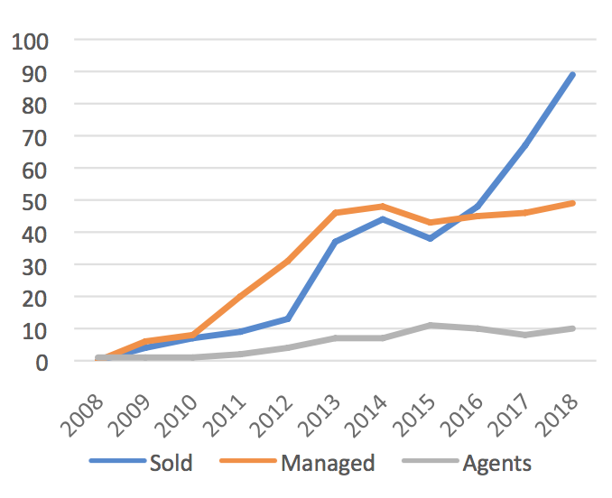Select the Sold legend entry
(172, 464)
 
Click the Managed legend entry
(328, 464)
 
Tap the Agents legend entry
(496, 464)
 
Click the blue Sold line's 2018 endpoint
(573, 74)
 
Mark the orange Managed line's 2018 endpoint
(573, 203)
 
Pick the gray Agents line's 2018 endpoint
(573, 328)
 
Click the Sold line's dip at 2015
(431, 238)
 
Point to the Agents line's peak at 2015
(431, 325)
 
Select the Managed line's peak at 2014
(383, 206)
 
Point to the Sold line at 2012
(288, 318)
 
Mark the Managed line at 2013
(335, 213)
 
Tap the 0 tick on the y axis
(42, 361)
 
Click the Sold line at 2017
(525, 144)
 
